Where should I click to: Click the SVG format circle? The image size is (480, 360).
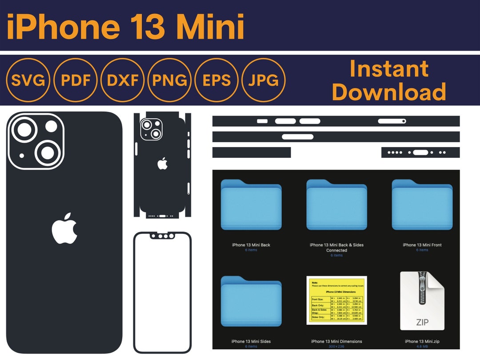28,80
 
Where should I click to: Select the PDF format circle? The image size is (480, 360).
76,80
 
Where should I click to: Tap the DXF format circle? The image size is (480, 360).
123,80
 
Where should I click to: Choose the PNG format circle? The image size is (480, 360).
169,80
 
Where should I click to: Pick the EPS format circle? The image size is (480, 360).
217,80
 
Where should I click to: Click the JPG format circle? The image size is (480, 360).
264,80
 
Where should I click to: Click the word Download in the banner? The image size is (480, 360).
389,92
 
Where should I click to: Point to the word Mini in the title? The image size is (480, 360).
210,26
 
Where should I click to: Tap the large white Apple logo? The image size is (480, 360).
64,228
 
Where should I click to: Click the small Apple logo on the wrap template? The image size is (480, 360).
163,164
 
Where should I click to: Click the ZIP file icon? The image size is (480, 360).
422,301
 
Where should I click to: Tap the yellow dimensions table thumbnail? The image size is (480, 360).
336,300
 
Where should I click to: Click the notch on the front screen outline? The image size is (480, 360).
162,236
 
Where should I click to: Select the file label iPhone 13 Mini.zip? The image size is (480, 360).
422,341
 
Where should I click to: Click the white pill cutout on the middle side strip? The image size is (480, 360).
297,137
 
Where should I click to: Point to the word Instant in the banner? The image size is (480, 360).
389,69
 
